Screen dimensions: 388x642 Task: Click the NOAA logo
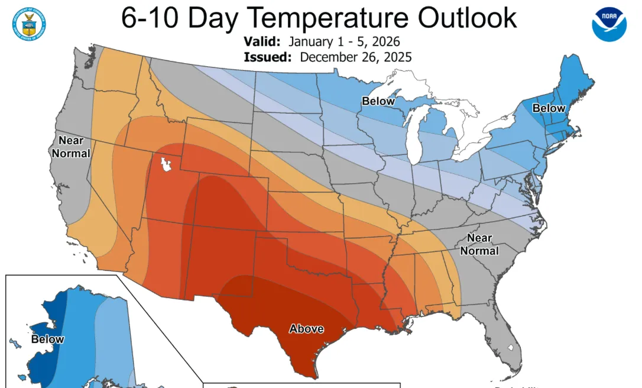click(609, 23)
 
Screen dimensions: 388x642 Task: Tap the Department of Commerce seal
click(29, 21)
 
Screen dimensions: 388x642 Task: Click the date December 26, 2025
click(356, 57)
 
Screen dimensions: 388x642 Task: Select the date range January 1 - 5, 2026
click(344, 42)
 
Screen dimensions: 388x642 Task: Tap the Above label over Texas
click(306, 328)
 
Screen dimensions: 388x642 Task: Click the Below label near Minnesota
click(378, 101)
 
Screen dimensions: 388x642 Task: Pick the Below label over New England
click(549, 108)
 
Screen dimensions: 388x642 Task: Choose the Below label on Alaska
click(48, 339)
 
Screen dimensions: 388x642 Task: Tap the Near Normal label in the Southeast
click(479, 244)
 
